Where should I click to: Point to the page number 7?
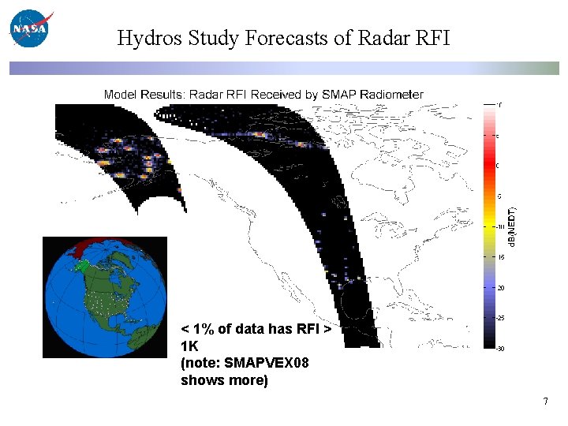click(545, 402)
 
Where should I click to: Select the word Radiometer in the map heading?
click(392, 95)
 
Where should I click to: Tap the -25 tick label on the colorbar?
click(500, 319)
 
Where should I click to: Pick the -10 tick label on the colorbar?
click(500, 226)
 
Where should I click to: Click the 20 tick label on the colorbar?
click(500, 288)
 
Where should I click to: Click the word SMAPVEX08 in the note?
click(267, 363)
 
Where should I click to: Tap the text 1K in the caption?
click(189, 346)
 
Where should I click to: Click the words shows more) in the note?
click(224, 380)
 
